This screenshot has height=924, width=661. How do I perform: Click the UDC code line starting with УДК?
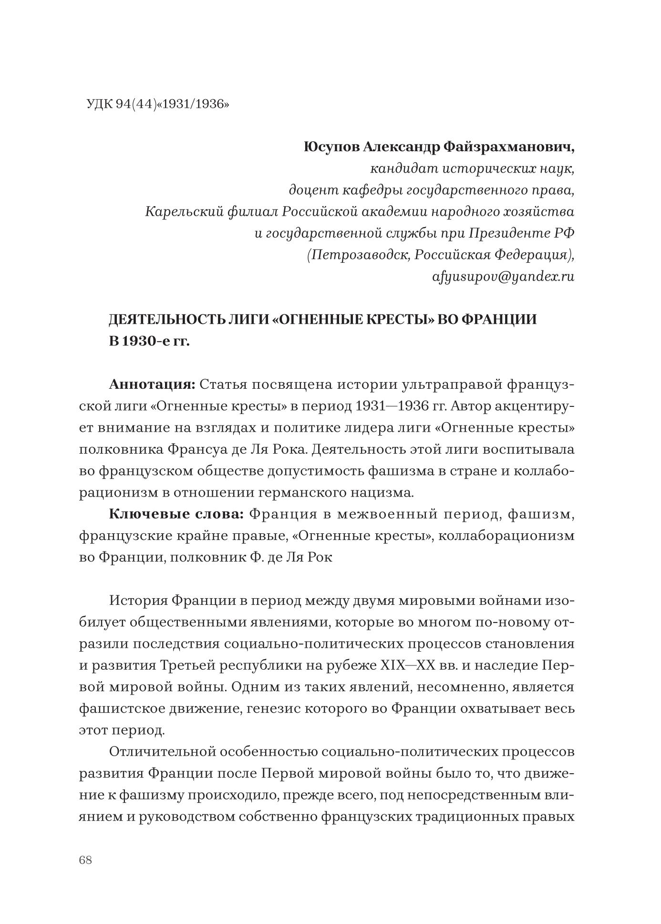(x=157, y=104)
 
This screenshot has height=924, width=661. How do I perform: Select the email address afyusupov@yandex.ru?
(x=503, y=277)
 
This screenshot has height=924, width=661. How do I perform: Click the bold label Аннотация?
(x=152, y=384)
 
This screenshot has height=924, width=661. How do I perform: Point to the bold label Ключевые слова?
(x=176, y=514)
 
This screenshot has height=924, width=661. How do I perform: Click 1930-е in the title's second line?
(x=146, y=342)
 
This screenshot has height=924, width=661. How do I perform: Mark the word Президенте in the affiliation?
(x=509, y=233)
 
